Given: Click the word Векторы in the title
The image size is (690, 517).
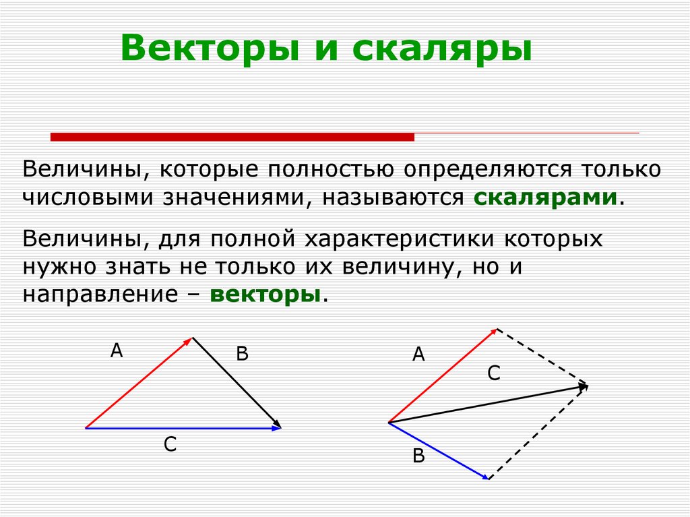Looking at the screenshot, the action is tap(210, 48).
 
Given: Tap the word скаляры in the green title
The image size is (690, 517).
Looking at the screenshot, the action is tap(442, 48).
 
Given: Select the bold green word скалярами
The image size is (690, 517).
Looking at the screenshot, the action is tap(545, 197).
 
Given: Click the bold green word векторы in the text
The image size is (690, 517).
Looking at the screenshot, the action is tap(265, 295).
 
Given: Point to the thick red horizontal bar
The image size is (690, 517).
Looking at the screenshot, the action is tap(232, 137).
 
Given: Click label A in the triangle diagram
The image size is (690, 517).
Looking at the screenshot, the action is tap(117, 351).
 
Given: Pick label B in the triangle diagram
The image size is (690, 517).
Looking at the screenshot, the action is tap(242, 354).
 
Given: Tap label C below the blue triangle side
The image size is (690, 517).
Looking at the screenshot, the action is tap(170, 444).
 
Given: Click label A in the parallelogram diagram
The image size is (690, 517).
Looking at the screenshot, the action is tap(418, 354).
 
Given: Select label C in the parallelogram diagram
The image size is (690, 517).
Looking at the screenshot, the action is tap(494, 373).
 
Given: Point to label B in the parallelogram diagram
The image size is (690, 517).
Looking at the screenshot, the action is tap(418, 456).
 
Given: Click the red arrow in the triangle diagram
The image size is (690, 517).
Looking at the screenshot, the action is tap(139, 383).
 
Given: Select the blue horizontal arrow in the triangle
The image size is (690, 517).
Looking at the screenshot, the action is tap(183, 427).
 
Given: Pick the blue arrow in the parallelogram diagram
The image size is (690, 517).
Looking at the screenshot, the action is tap(439, 450).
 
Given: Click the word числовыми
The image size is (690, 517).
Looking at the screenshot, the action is tap(88, 197).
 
